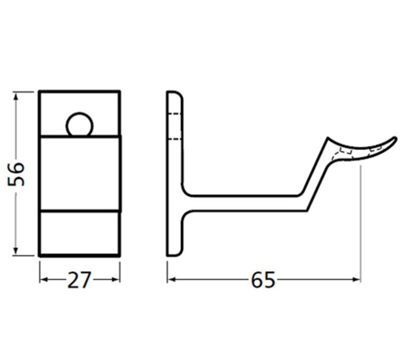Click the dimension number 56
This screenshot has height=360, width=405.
click(16, 174)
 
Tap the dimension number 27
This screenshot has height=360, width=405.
click(79, 280)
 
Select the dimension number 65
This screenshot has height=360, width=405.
click(263, 280)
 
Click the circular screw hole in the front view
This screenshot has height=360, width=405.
click(80, 125)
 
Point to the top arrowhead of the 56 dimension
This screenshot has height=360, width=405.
click(16, 96)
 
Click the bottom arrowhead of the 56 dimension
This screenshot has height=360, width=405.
click(16, 251)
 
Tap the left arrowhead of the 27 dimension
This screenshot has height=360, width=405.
click(44, 280)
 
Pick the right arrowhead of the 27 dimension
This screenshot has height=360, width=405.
click(115, 280)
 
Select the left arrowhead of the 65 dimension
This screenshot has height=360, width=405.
click(172, 280)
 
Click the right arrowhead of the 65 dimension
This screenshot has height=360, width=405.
click(355, 280)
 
